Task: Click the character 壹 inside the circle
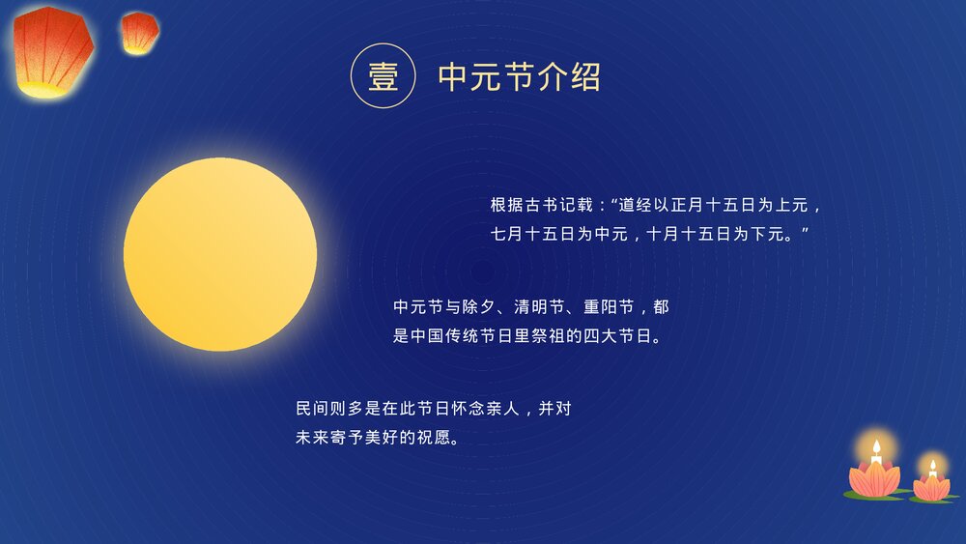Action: (x=384, y=76)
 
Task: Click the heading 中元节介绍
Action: (x=520, y=76)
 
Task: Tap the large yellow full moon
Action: (x=220, y=254)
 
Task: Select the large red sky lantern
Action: (x=53, y=50)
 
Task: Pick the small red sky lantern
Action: (x=140, y=32)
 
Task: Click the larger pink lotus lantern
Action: (x=875, y=477)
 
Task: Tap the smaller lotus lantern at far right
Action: (x=932, y=486)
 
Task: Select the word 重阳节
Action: (x=612, y=307)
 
